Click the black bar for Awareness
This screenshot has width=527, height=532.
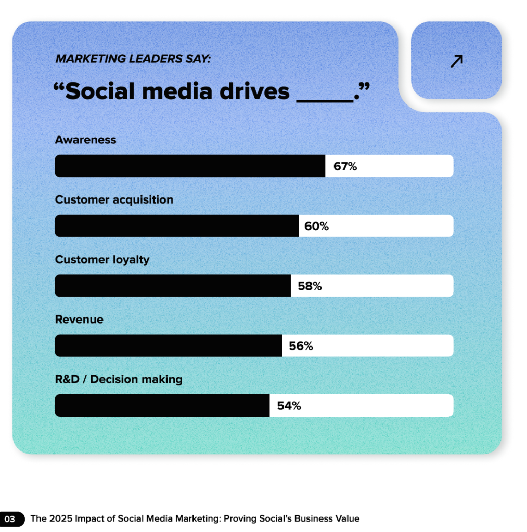(x=190, y=166)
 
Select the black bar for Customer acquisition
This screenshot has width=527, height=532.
(x=177, y=226)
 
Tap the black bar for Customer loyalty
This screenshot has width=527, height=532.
(x=173, y=286)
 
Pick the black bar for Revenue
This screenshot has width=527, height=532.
(x=169, y=345)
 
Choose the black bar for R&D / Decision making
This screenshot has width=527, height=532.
(x=162, y=405)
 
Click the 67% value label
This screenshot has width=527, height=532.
(x=345, y=167)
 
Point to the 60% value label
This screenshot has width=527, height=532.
(x=317, y=227)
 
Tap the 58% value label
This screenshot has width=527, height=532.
(x=310, y=286)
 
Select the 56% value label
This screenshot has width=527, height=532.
(x=301, y=346)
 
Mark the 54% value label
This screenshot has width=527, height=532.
(x=289, y=406)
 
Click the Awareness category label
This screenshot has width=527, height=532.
(x=86, y=140)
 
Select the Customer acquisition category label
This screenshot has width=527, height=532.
(x=114, y=199)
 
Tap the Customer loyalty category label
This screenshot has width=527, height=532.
(x=102, y=259)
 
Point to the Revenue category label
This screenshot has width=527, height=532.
(x=79, y=319)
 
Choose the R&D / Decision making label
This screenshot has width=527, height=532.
(x=119, y=379)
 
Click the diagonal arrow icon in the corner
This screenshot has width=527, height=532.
(x=456, y=61)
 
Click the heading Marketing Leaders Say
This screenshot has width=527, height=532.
(x=133, y=59)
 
